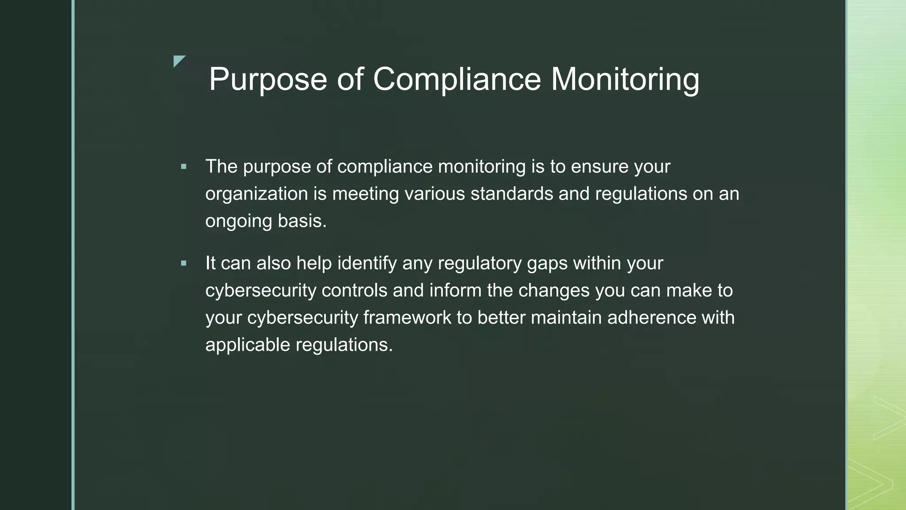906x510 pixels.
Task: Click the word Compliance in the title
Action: (x=457, y=80)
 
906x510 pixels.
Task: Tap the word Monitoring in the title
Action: (x=625, y=80)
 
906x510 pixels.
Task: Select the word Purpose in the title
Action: (x=268, y=80)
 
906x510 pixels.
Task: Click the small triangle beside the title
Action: (x=178, y=61)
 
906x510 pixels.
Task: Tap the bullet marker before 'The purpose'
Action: (x=184, y=167)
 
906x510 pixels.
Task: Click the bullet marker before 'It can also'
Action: (x=184, y=263)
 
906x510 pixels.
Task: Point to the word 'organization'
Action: (x=257, y=194)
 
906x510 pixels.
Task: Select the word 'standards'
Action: (x=512, y=194)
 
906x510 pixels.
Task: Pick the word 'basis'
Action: (x=302, y=221)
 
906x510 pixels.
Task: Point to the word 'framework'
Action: (x=407, y=318)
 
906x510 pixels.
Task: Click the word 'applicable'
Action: (x=248, y=345)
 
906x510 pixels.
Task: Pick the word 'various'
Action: (x=434, y=194)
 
